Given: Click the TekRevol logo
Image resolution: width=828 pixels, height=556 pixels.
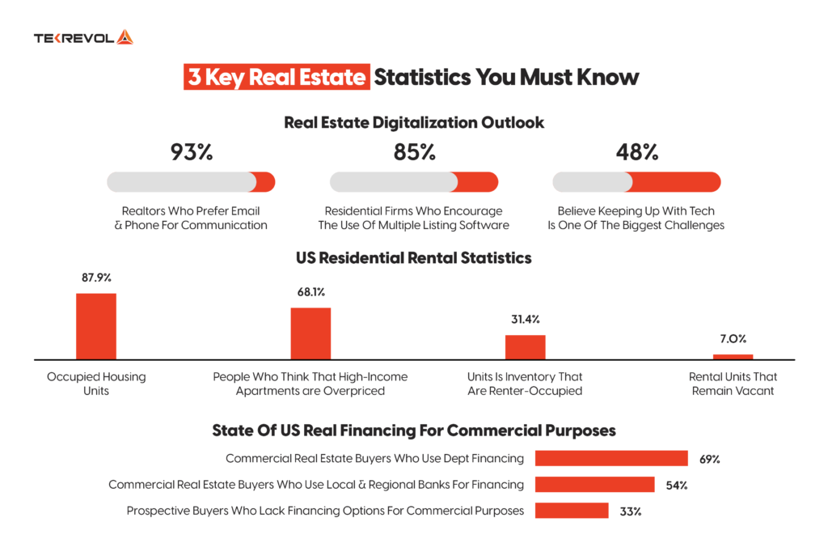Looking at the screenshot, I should coord(83,37).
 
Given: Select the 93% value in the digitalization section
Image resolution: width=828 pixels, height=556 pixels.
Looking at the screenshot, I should coord(191,151).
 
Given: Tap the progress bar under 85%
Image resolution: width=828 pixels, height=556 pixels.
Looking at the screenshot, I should coord(413,182).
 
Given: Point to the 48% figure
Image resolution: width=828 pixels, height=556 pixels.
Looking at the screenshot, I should coord(636,151).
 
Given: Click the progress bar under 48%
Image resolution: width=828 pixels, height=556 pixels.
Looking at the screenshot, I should coord(636,182).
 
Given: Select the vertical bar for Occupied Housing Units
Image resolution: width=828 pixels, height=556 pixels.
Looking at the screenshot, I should coord(96,326).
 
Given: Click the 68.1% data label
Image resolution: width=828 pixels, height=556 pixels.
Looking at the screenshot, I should coord(310,292).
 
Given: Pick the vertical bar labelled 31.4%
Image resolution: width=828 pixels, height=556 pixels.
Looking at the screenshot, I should coord(526,347).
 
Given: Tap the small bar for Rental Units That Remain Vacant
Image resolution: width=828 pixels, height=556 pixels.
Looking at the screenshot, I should coord(733,356).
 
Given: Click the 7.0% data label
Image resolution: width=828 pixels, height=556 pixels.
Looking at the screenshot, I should coord(733,339).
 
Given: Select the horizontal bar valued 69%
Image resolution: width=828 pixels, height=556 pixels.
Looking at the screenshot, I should coord(611,459).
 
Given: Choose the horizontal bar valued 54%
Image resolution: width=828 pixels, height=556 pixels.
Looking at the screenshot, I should coord(594,485).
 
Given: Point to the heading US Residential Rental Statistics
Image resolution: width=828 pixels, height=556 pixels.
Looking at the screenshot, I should coord(413,258).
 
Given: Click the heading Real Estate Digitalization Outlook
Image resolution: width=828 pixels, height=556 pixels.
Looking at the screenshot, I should coord(413,123).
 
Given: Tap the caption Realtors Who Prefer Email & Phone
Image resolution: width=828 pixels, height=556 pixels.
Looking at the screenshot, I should coord(191,218).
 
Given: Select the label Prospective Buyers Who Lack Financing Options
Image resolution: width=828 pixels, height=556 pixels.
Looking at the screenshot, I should coord(325,511).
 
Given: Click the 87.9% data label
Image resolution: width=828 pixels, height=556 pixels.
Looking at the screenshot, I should coord(96,278).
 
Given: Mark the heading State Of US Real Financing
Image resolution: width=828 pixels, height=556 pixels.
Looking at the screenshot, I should coord(413,430).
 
